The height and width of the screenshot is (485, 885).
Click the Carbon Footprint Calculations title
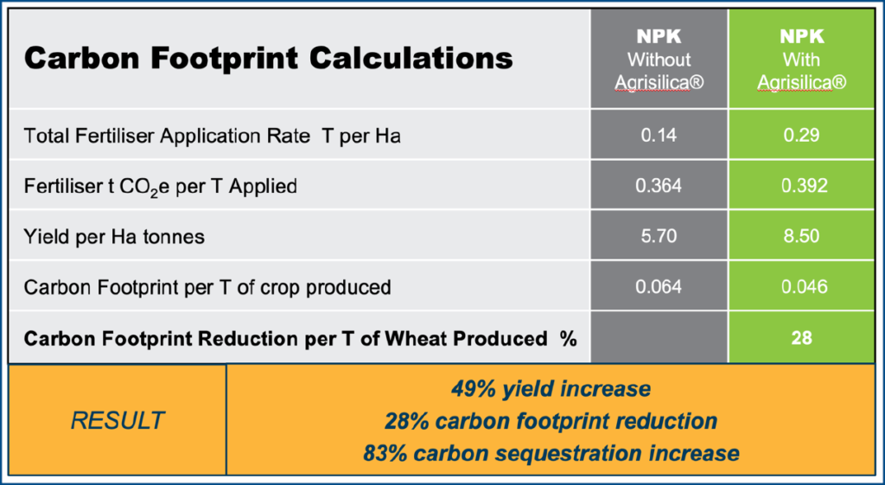(x=268, y=58)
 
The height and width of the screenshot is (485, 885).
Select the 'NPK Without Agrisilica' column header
(x=659, y=60)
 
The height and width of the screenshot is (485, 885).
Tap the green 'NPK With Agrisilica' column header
(x=801, y=60)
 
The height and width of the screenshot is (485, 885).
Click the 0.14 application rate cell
(x=659, y=136)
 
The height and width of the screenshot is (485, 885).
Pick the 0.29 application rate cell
(x=801, y=136)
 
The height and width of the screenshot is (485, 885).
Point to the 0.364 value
(x=659, y=186)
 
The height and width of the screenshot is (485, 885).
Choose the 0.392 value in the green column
(x=804, y=186)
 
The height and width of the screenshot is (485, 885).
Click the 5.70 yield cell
(x=659, y=236)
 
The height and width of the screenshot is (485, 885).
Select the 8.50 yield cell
(x=801, y=236)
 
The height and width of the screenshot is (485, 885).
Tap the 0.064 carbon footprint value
(x=659, y=287)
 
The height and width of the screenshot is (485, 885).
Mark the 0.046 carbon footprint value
(x=804, y=287)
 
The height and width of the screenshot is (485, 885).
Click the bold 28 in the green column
(x=801, y=338)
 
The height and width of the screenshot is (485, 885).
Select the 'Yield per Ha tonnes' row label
(x=114, y=237)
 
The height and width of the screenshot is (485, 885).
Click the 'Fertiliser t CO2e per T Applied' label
(x=160, y=187)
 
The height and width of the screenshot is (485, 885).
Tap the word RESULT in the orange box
(x=118, y=421)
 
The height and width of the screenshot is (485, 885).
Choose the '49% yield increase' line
(x=551, y=389)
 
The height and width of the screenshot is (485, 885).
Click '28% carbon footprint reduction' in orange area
(x=551, y=421)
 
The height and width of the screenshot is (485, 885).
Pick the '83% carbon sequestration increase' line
(x=551, y=453)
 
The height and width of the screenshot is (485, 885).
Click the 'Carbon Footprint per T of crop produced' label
(x=207, y=287)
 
